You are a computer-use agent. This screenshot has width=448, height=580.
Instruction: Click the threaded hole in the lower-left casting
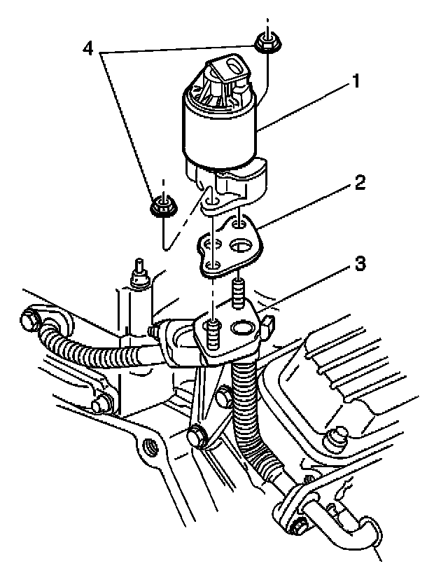point(148,446)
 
